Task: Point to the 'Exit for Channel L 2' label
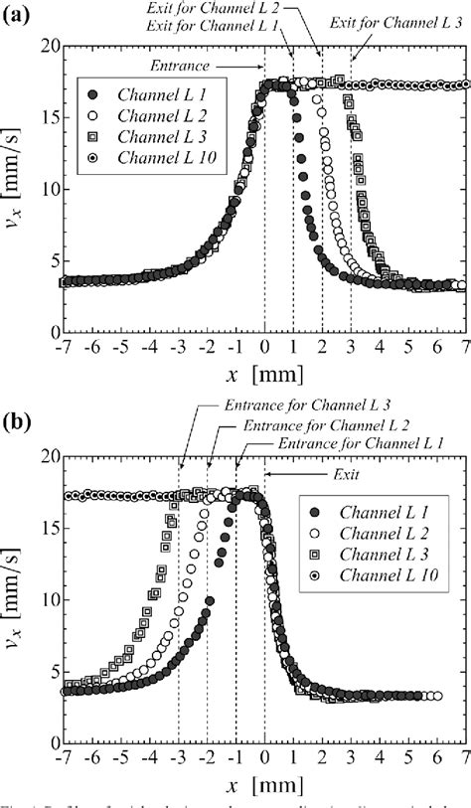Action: (x=254, y=10)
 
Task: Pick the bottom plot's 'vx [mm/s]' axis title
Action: (x=18, y=598)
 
